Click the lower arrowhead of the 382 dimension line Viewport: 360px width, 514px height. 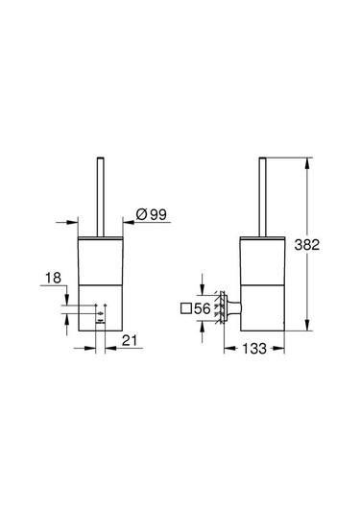click(306, 325)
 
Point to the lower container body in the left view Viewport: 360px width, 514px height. click(100, 307)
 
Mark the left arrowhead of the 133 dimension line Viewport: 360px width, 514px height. click(227, 347)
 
